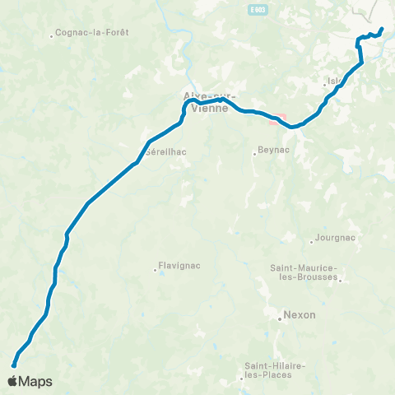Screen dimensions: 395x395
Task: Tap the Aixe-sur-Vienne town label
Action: tap(202, 101)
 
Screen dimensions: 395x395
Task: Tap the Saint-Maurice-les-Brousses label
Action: tap(304, 272)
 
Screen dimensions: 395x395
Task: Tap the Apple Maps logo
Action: tap(30, 381)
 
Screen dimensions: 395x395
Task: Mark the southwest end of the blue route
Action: tap(14, 365)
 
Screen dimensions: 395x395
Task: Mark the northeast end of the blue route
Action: tap(383, 30)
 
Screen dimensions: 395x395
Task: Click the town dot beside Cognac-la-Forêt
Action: tap(52, 35)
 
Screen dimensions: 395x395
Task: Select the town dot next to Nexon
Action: tap(280, 315)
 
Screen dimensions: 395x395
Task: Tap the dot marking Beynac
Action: tap(254, 153)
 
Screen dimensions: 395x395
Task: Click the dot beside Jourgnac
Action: tap(312, 241)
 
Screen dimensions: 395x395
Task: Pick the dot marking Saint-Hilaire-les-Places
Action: tap(242, 379)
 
